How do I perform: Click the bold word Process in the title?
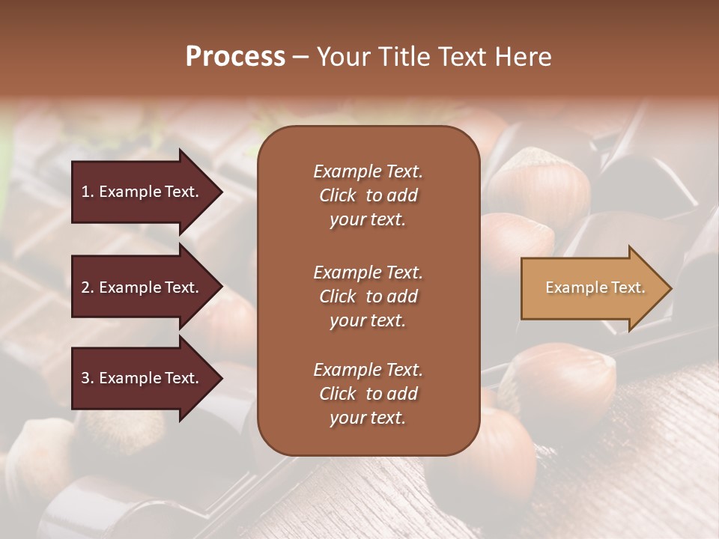click(235, 57)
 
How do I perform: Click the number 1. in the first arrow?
click(88, 192)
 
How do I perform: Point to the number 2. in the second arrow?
click(88, 287)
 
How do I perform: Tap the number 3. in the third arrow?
click(88, 378)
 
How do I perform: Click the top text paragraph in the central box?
click(368, 195)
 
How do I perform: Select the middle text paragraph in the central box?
click(368, 296)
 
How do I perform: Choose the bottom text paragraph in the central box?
click(368, 394)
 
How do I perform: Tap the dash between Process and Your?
click(300, 58)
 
